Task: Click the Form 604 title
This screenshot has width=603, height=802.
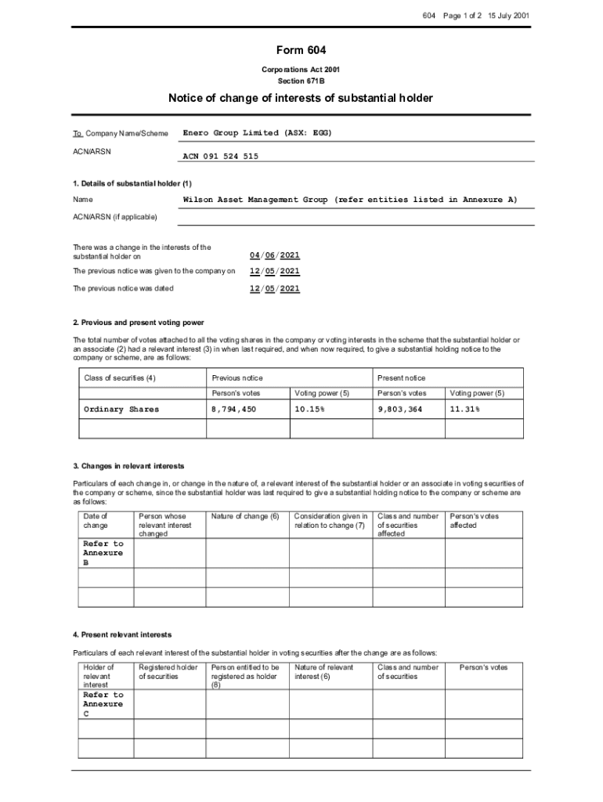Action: (x=301, y=51)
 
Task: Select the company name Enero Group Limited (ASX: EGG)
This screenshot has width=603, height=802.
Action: (x=258, y=133)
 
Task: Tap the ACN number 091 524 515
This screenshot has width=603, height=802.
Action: (x=221, y=157)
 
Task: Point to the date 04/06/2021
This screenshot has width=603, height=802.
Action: (x=275, y=255)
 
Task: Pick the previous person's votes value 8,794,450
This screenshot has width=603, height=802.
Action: (x=234, y=410)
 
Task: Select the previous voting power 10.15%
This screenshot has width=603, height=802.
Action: (x=309, y=410)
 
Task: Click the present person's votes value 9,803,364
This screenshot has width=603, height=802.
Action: (x=401, y=410)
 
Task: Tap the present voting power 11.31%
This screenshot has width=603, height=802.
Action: (x=464, y=410)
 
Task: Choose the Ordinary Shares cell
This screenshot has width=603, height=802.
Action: (x=121, y=410)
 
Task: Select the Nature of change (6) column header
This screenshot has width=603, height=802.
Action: (x=245, y=516)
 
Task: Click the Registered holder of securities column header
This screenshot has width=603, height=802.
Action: (x=168, y=672)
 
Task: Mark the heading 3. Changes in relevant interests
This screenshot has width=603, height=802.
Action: (x=128, y=466)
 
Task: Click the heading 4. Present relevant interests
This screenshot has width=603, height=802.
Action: (x=122, y=634)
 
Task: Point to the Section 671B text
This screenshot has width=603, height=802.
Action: (x=301, y=81)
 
